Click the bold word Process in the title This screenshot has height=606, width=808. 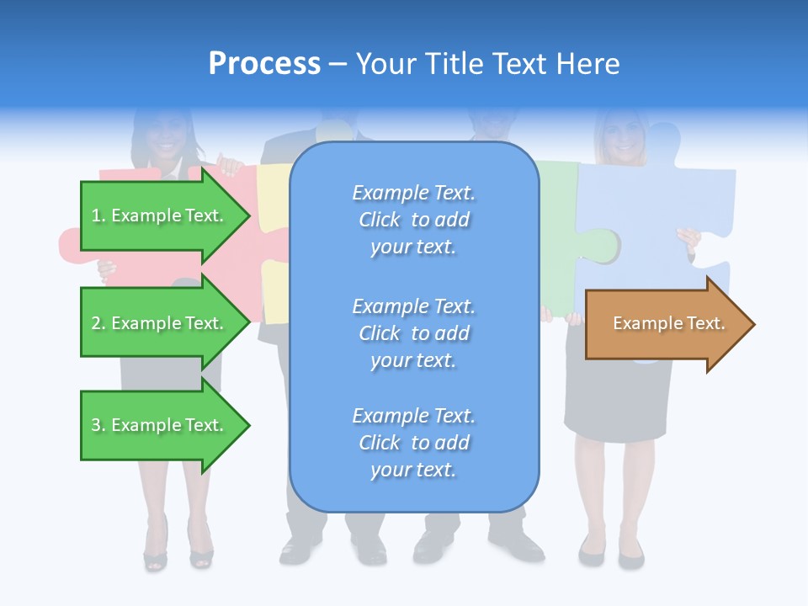[264, 64]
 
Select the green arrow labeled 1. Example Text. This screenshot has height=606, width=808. [160, 215]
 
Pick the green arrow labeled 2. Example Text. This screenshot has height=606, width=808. [160, 323]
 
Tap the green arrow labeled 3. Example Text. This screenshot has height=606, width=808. [160, 425]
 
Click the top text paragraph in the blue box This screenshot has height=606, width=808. [413, 220]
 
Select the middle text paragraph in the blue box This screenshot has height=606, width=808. [413, 333]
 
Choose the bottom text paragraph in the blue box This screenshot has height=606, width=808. [413, 443]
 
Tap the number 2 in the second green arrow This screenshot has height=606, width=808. [95, 323]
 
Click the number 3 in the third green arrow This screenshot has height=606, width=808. [95, 425]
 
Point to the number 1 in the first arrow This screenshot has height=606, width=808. [95, 215]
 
